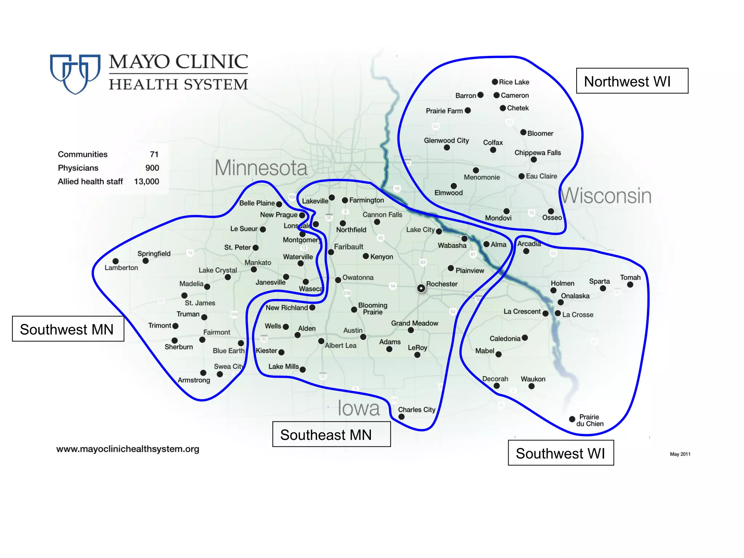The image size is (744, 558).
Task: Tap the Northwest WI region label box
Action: click(x=632, y=81)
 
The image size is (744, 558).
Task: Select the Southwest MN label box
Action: click(x=68, y=329)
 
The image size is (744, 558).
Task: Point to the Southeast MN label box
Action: click(x=331, y=434)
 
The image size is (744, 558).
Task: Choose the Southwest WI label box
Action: click(x=561, y=453)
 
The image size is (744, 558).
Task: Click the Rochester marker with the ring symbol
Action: click(x=421, y=288)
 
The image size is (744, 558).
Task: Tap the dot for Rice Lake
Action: click(x=495, y=82)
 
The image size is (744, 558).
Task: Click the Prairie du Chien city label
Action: click(x=590, y=420)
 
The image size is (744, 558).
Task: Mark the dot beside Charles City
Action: click(x=401, y=417)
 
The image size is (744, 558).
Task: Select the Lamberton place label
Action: click(x=121, y=268)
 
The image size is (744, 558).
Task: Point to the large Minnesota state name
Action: click(x=261, y=168)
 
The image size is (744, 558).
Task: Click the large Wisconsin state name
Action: click(x=606, y=196)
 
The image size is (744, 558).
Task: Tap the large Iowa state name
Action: click(x=359, y=408)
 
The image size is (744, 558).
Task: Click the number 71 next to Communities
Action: click(x=154, y=154)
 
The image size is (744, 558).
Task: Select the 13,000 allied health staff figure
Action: click(x=146, y=182)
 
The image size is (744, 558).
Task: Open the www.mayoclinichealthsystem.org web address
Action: click(x=128, y=449)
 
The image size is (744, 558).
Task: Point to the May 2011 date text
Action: click(x=680, y=454)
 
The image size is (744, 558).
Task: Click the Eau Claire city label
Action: click(x=541, y=176)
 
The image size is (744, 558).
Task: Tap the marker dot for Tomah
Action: click(x=630, y=285)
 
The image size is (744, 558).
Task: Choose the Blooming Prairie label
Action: click(x=373, y=308)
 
